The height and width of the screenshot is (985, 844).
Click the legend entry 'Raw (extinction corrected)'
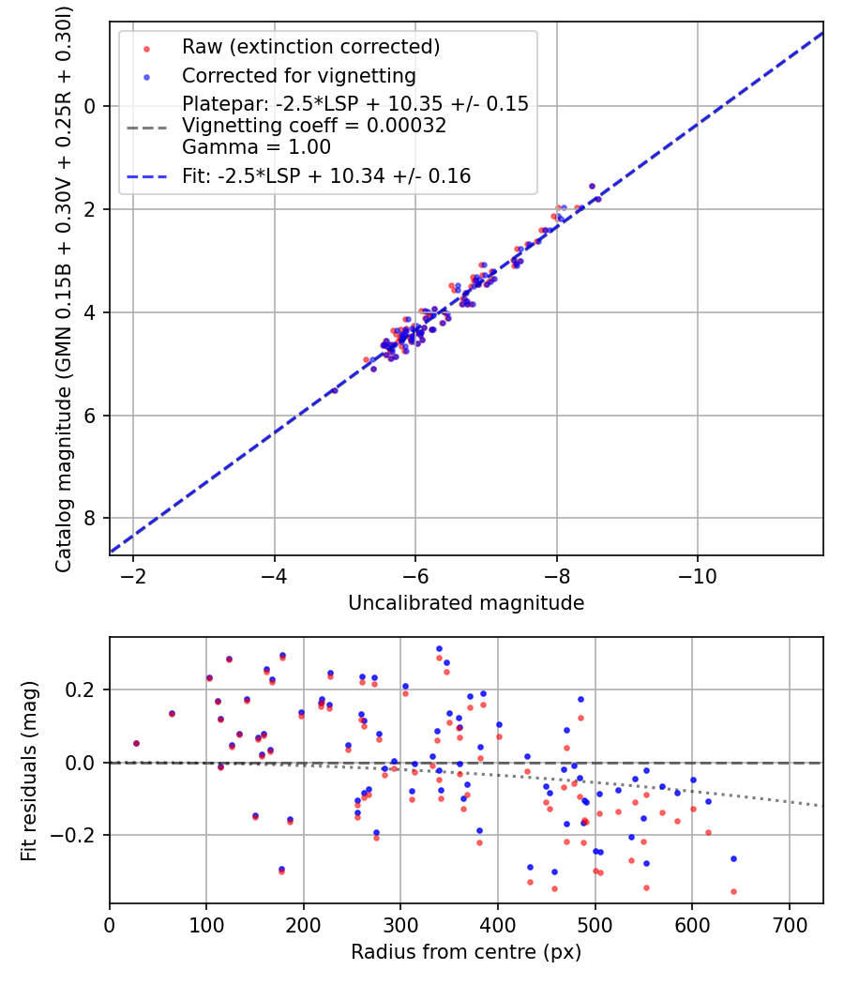click(x=310, y=47)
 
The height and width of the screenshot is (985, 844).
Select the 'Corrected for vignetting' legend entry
click(x=298, y=75)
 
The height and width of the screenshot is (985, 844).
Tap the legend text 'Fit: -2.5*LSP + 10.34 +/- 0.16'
click(x=326, y=175)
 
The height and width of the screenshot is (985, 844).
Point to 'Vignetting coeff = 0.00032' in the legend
click(x=314, y=125)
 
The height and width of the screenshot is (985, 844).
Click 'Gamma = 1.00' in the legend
click(x=256, y=146)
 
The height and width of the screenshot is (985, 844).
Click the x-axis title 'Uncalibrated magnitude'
click(x=466, y=603)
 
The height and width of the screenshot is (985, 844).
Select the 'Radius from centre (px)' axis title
click(x=466, y=952)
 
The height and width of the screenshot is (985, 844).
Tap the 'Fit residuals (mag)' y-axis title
click(x=29, y=769)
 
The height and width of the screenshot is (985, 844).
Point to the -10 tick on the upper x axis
click(x=698, y=574)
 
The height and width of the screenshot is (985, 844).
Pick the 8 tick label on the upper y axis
click(x=91, y=519)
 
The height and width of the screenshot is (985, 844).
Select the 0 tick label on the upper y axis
click(x=91, y=106)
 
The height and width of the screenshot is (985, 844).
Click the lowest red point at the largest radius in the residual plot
click(x=733, y=891)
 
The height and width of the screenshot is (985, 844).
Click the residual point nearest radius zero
click(x=136, y=743)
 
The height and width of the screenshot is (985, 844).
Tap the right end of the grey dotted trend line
click(x=822, y=806)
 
